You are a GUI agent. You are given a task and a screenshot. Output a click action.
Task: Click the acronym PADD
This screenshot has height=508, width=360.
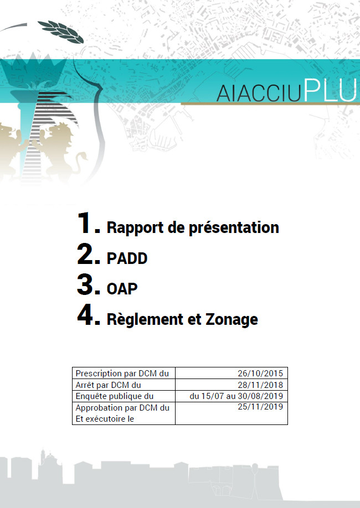[x=127, y=258]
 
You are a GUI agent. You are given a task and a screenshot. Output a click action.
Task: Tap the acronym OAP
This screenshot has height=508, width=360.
[x=122, y=289]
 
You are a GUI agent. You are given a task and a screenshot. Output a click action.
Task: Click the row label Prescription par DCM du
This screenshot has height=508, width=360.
[x=122, y=374]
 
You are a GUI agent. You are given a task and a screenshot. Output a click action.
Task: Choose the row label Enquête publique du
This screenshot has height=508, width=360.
[x=114, y=396]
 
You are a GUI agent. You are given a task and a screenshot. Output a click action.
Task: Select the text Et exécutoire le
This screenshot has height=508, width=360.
[x=105, y=419]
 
